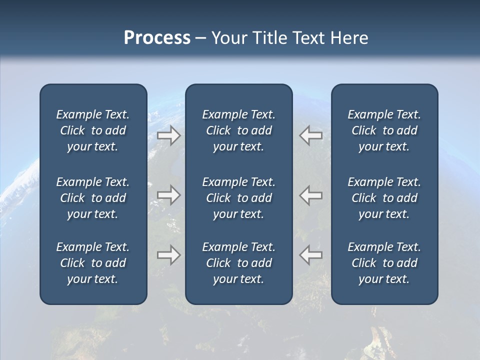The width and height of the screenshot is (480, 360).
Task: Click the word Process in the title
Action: coord(157,38)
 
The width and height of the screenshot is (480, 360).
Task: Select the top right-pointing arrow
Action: coord(169,135)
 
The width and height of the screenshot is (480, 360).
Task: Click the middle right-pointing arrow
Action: coord(169,195)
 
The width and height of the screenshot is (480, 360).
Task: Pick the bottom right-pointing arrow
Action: coord(169,254)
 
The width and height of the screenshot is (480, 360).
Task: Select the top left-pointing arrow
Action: coord(311,135)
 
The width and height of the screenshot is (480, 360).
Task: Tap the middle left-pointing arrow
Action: coord(311,195)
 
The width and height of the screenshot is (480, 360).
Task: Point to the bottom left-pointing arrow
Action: coord(311,254)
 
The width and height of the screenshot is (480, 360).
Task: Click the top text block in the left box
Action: coord(93,130)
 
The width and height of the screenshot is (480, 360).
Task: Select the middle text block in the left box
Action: coord(93,198)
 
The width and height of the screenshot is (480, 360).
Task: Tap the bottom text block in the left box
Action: coord(93,263)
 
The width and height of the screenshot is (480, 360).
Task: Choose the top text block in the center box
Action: coord(239,130)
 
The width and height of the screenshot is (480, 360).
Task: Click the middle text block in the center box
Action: coord(239,198)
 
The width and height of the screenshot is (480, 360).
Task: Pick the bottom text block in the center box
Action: coord(239,263)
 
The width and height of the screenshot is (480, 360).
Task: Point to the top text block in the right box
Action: coord(384,130)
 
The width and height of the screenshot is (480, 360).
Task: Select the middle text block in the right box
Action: coord(384,198)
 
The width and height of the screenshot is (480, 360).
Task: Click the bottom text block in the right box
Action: coord(384,263)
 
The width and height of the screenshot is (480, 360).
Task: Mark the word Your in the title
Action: coord(228,38)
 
